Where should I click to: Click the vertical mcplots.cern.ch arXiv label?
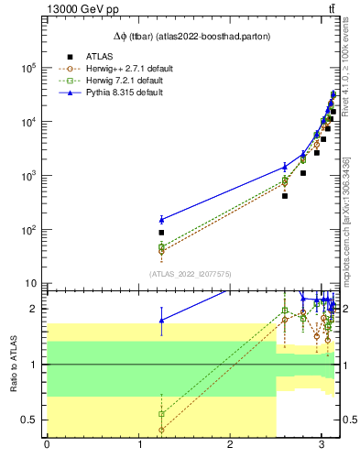click(x=349, y=202)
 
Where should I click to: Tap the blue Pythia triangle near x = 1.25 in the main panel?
click(x=161, y=219)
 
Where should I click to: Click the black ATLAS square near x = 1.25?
click(x=161, y=233)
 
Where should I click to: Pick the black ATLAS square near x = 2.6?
click(x=285, y=195)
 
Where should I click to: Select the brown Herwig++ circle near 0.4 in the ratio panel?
click(x=161, y=430)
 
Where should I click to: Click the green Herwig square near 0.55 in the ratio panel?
click(x=161, y=413)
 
